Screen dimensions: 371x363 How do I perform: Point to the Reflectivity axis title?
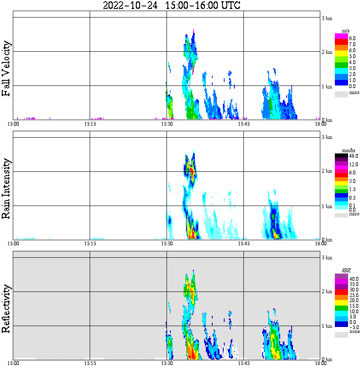tap(6, 308)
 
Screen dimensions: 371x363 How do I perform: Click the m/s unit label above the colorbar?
tap(346, 31)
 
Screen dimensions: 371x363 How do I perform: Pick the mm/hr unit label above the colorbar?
tap(348, 151)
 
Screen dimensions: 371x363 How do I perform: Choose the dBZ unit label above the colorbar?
tap(346, 271)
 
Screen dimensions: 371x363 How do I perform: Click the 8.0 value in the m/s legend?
tap(352, 38)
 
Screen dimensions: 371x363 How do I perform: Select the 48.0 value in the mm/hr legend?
tap(353, 156)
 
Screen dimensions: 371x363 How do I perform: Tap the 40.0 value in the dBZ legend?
tap(354, 279)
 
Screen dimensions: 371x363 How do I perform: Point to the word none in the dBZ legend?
tap(354, 332)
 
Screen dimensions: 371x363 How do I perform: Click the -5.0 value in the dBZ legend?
tap(354, 327)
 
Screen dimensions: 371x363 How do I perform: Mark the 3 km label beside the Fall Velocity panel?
tap(327, 18)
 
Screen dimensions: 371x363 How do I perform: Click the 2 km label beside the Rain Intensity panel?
tap(327, 171)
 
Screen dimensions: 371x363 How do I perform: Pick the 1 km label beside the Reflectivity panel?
tap(327, 327)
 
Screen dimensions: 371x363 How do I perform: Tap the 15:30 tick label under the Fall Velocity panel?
tap(167, 124)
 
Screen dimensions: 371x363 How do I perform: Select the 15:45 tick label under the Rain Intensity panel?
tap(243, 244)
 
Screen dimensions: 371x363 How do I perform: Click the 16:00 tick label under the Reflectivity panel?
tap(321, 364)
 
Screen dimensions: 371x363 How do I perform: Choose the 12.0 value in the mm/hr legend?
tap(353, 164)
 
